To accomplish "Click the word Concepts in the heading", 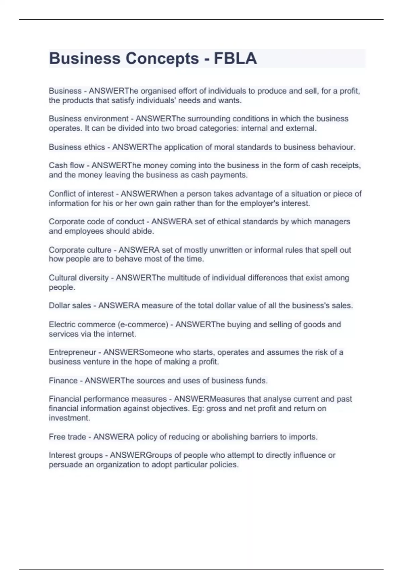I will coord(162,58).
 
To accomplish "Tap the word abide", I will coord(145,231).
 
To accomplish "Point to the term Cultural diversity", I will coord(79,278).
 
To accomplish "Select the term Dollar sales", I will coord(70,305).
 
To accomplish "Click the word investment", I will coord(69,418).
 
